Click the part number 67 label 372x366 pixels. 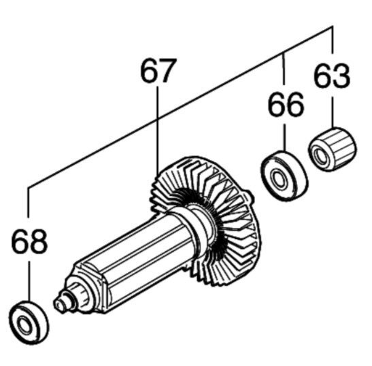[158, 70]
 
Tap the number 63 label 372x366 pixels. [332, 76]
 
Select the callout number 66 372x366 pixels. [286, 105]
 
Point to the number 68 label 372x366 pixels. [29, 242]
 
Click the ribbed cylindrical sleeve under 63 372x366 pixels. [332, 149]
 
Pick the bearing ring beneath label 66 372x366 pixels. [284, 176]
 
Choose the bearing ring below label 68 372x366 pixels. [29, 322]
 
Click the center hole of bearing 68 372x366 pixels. [24, 324]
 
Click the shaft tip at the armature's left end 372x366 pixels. [59, 304]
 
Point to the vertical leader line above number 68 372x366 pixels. [29, 201]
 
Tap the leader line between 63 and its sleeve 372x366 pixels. [332, 112]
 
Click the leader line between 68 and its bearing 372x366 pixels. [29, 281]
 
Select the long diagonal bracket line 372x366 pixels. [180, 107]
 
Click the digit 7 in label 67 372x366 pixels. [168, 70]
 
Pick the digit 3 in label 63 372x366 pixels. [341, 76]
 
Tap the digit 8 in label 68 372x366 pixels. [39, 242]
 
